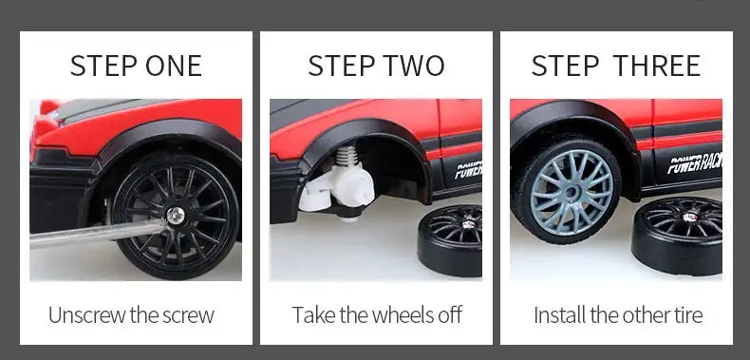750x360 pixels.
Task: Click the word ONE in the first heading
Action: [x=174, y=66]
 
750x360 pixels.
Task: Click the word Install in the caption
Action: [x=559, y=315]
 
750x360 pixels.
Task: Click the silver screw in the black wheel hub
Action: [x=176, y=216]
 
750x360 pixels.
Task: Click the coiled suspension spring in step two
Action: [x=347, y=156]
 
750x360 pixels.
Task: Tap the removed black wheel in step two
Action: [x=450, y=240]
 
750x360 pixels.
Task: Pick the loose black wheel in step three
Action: [x=677, y=236]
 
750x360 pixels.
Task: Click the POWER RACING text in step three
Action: [x=695, y=163]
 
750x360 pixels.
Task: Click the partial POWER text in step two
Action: [x=468, y=170]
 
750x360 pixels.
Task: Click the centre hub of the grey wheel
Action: [x=570, y=193]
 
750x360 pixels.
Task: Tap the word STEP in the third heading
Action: [x=565, y=66]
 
